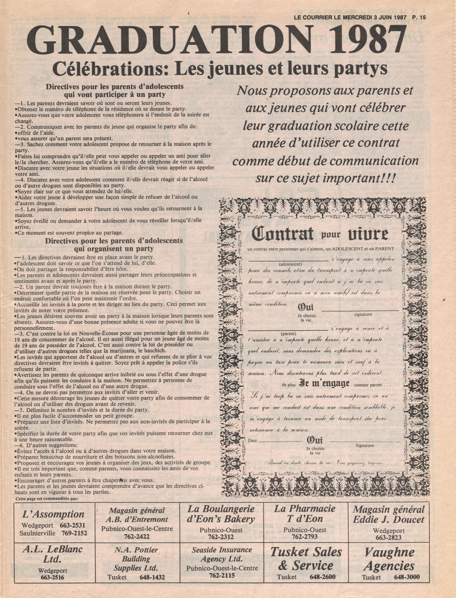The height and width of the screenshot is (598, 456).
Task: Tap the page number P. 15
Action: click(419, 18)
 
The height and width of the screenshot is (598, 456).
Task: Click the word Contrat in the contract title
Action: click(283, 233)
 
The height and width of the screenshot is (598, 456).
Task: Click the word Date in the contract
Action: click(252, 441)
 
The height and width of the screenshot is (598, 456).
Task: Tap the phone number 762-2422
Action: click(137, 537)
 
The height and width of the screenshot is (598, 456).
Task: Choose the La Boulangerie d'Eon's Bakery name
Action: click(221, 514)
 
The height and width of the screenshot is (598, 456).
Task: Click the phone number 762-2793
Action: click(304, 537)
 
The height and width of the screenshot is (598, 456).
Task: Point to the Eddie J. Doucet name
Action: click(388, 519)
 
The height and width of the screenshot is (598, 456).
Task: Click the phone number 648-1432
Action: click(152, 577)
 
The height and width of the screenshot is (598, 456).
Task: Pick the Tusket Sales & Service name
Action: click(306, 559)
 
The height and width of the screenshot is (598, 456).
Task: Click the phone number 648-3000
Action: click(406, 577)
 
